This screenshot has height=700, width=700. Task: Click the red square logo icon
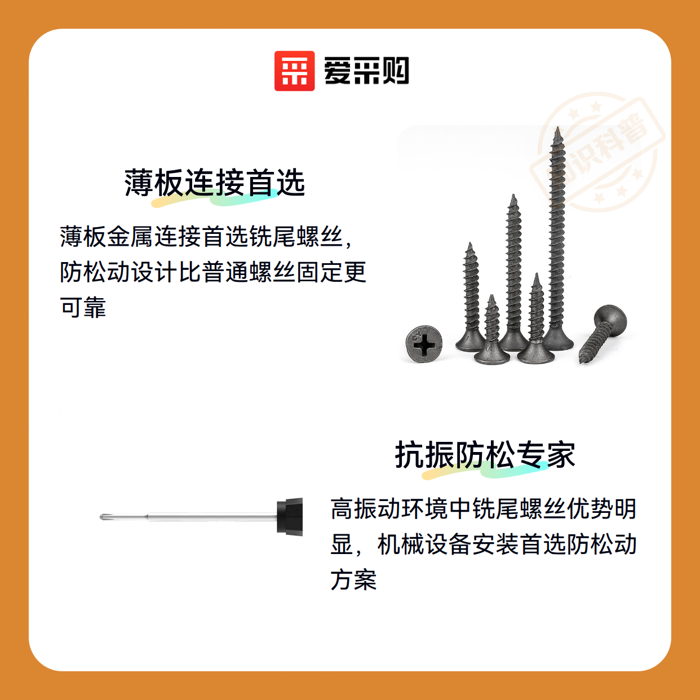click(294, 71)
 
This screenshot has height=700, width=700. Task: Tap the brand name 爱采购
click(366, 71)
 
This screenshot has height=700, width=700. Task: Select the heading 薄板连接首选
click(214, 183)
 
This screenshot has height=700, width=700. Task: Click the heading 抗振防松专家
click(485, 455)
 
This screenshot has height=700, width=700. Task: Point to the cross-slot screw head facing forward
click(424, 343)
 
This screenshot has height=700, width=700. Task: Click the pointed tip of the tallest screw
click(558, 127)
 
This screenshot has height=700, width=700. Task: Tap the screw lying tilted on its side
click(603, 334)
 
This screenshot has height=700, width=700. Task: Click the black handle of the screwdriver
click(290, 517)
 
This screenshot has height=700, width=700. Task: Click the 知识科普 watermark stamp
click(597, 152)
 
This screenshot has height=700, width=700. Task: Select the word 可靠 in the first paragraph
click(83, 307)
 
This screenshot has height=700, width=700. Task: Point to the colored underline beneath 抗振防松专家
click(485, 470)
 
